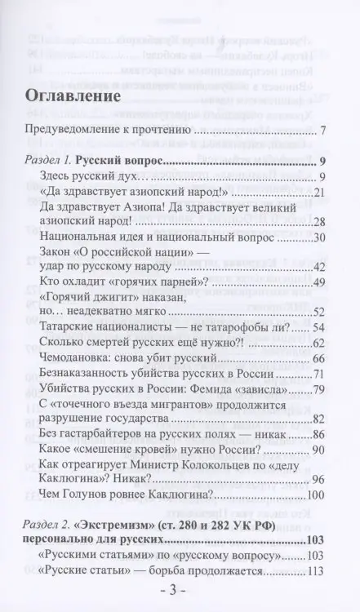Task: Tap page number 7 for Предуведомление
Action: point(324,131)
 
